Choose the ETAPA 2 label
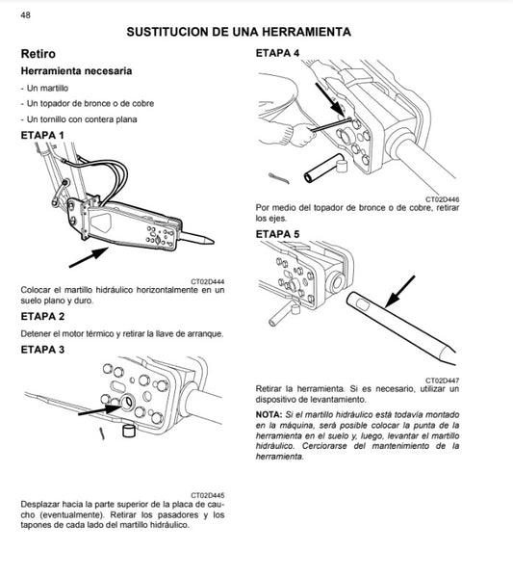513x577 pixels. pyautogui.click(x=43, y=316)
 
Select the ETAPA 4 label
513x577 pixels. pyautogui.click(x=278, y=51)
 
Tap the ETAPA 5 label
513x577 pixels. pyautogui.click(x=278, y=233)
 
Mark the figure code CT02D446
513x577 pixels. pyautogui.click(x=442, y=197)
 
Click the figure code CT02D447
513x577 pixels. pyautogui.click(x=442, y=380)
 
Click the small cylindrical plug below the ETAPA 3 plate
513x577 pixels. pyautogui.click(x=126, y=431)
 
